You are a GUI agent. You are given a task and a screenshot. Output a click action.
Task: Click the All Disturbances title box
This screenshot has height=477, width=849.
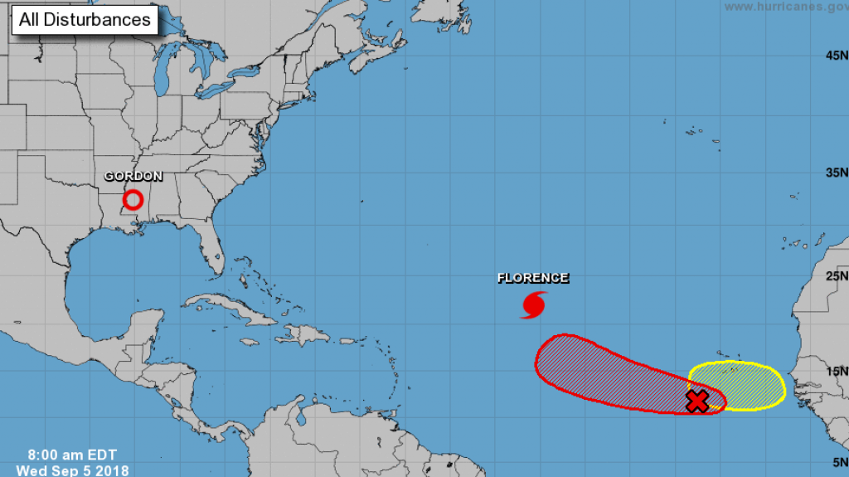pyautogui.click(x=85, y=18)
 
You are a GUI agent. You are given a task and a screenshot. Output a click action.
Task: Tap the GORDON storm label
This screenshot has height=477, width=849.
pyautogui.click(x=133, y=176)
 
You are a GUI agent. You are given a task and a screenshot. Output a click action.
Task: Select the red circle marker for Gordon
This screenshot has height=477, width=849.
pyautogui.click(x=133, y=200)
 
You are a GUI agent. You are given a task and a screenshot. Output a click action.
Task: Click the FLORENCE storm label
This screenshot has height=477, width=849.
pyautogui.click(x=533, y=278)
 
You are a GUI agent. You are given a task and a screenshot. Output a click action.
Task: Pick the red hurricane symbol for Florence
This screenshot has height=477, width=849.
pyautogui.click(x=533, y=304)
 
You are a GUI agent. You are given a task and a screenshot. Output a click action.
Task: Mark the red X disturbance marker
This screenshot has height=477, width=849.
pyautogui.click(x=698, y=402)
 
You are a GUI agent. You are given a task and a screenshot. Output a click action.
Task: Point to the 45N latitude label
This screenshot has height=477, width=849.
pyautogui.click(x=836, y=56)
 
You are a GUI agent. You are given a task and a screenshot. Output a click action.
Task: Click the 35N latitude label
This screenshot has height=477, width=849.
pyautogui.click(x=836, y=173)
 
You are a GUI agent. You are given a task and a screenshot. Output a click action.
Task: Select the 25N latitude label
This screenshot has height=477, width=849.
pyautogui.click(x=836, y=276)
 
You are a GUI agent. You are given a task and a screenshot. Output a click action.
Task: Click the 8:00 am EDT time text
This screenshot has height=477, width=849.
pyautogui.click(x=72, y=455)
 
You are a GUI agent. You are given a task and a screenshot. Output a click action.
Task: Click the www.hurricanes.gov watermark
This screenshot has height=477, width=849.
pyautogui.click(x=785, y=7)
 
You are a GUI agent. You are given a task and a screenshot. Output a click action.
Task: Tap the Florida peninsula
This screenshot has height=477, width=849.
pyautogui.click(x=212, y=249)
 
